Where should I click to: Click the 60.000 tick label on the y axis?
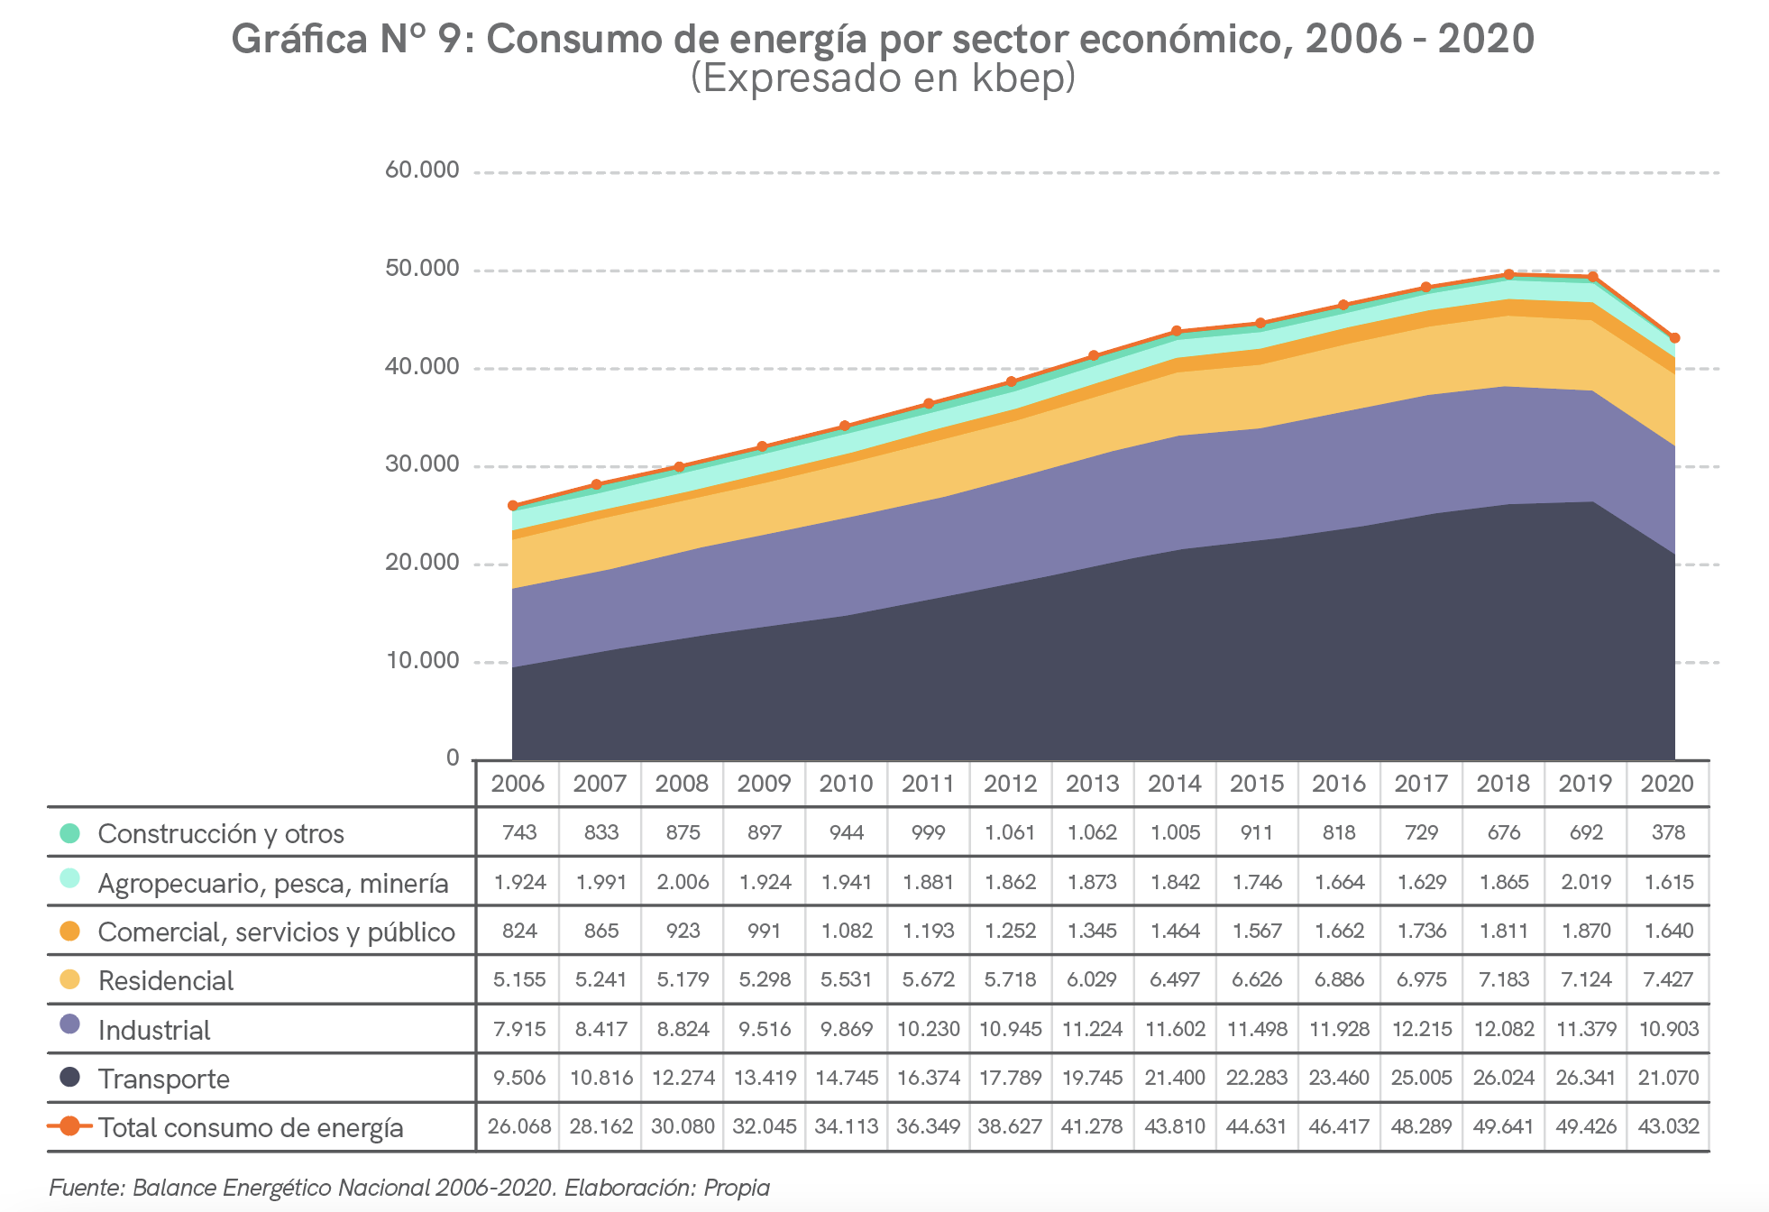(422, 170)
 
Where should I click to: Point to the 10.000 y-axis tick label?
(423, 661)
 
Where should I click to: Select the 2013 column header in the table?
(1092, 784)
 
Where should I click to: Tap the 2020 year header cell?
(1667, 784)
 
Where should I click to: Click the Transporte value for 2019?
(1585, 1078)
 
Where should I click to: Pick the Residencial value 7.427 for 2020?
(1668, 979)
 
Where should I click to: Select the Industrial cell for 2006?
(519, 1029)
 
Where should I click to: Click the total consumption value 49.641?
(1503, 1126)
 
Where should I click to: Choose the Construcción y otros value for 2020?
(1668, 832)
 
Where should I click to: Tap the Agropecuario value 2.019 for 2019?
(1586, 882)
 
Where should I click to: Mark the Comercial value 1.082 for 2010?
(847, 931)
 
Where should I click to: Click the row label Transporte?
(163, 1079)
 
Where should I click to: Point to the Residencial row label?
(166, 980)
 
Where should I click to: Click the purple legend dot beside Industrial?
(69, 1025)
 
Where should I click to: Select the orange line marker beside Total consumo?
(69, 1125)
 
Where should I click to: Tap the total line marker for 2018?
(1509, 274)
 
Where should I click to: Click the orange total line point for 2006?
(513, 506)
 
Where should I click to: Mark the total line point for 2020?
(1674, 338)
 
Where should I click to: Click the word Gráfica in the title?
(298, 40)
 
